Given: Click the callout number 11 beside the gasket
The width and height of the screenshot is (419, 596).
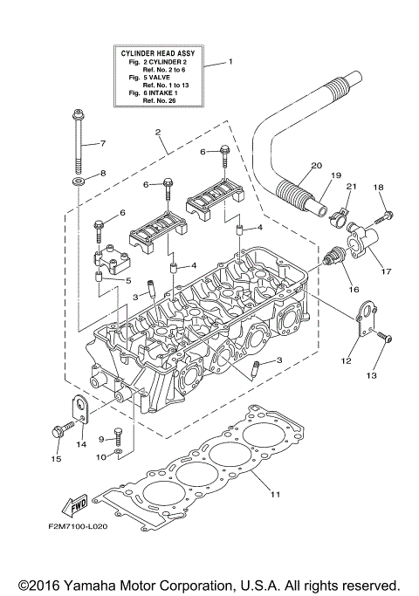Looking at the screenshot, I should (x=275, y=495).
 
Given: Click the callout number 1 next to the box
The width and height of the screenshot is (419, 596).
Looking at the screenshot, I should (x=231, y=62).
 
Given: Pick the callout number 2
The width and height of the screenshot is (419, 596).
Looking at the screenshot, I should (x=158, y=133).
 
